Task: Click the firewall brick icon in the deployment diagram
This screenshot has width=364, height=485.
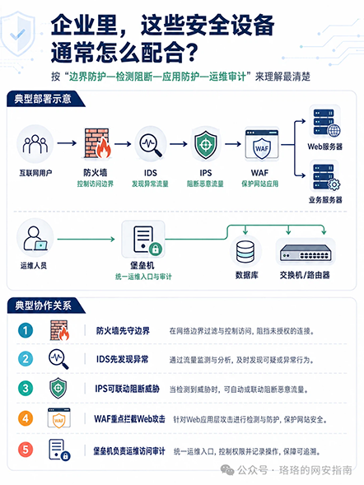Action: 97,143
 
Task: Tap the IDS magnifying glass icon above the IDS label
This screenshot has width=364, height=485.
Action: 151,144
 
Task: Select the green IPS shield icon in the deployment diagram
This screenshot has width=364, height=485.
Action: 206,144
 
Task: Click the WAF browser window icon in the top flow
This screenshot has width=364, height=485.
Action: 262,144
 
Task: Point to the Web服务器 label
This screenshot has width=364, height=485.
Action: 324,147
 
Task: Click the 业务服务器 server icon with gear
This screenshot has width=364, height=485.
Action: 326,177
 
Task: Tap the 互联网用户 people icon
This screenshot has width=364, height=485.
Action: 35,144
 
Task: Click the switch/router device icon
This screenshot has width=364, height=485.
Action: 306,252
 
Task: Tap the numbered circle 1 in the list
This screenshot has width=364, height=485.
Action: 26,330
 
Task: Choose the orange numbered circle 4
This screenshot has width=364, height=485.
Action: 26,418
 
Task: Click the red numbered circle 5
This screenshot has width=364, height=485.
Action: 26,450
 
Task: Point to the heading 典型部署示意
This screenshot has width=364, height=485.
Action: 43,99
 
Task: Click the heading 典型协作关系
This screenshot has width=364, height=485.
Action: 44,305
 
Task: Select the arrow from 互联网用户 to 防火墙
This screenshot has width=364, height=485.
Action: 67,143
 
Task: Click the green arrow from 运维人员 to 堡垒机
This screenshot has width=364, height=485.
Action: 86,239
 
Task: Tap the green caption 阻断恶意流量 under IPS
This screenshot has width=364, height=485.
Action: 205,184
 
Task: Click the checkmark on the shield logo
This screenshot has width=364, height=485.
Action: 17,35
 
